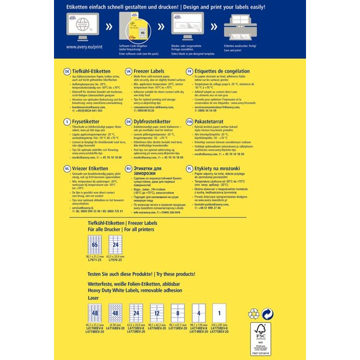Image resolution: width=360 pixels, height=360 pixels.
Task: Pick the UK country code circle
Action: pos(128,71)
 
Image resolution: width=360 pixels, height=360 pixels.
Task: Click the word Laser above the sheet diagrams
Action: pos(76,297)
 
